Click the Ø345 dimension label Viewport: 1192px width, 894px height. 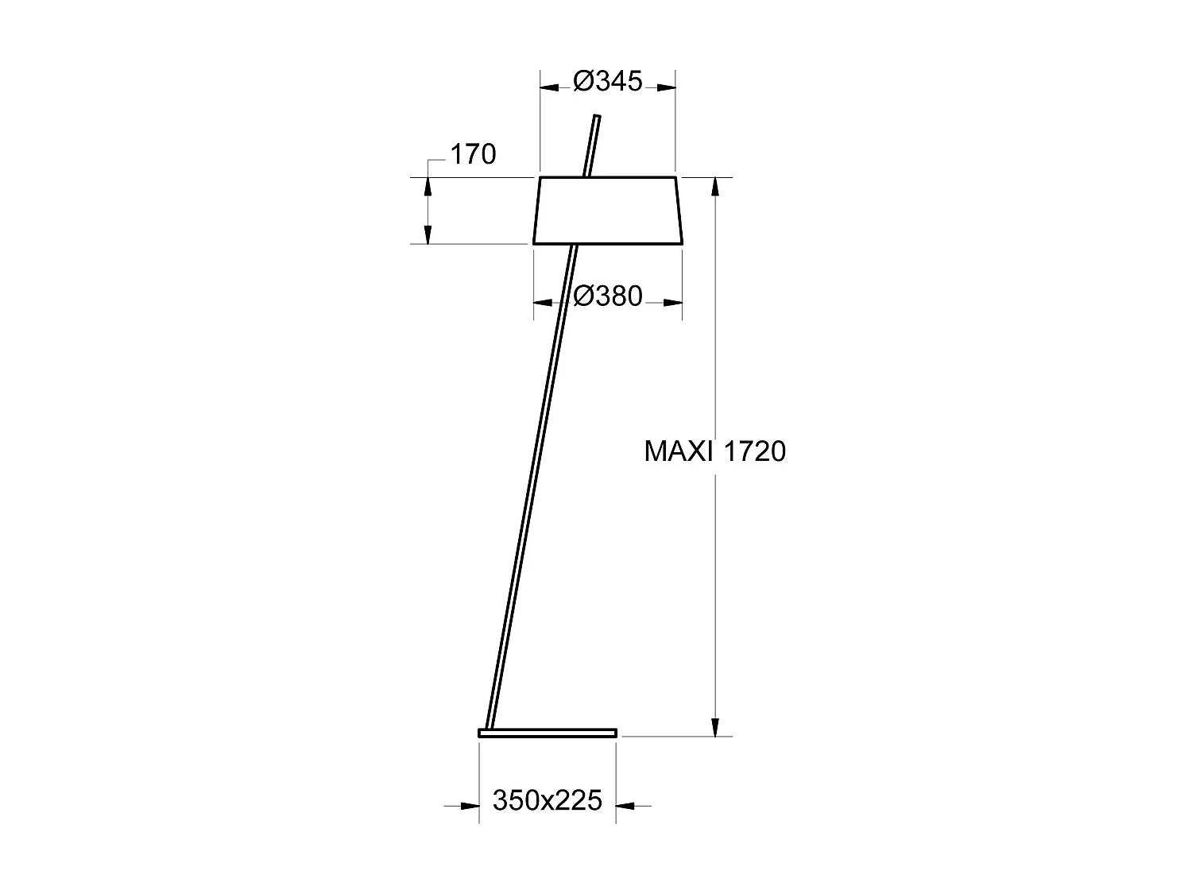pyautogui.click(x=607, y=81)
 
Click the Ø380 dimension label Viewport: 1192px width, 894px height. pyautogui.click(x=607, y=296)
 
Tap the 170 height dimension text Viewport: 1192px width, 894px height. pyautogui.click(x=473, y=154)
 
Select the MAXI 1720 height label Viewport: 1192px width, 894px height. pyautogui.click(x=714, y=451)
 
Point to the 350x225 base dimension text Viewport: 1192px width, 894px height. pyautogui.click(x=548, y=799)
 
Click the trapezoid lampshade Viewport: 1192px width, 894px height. pyautogui.click(x=608, y=211)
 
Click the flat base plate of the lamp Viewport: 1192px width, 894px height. pyautogui.click(x=548, y=733)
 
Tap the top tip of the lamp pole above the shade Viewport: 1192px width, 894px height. pyautogui.click(x=597, y=119)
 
